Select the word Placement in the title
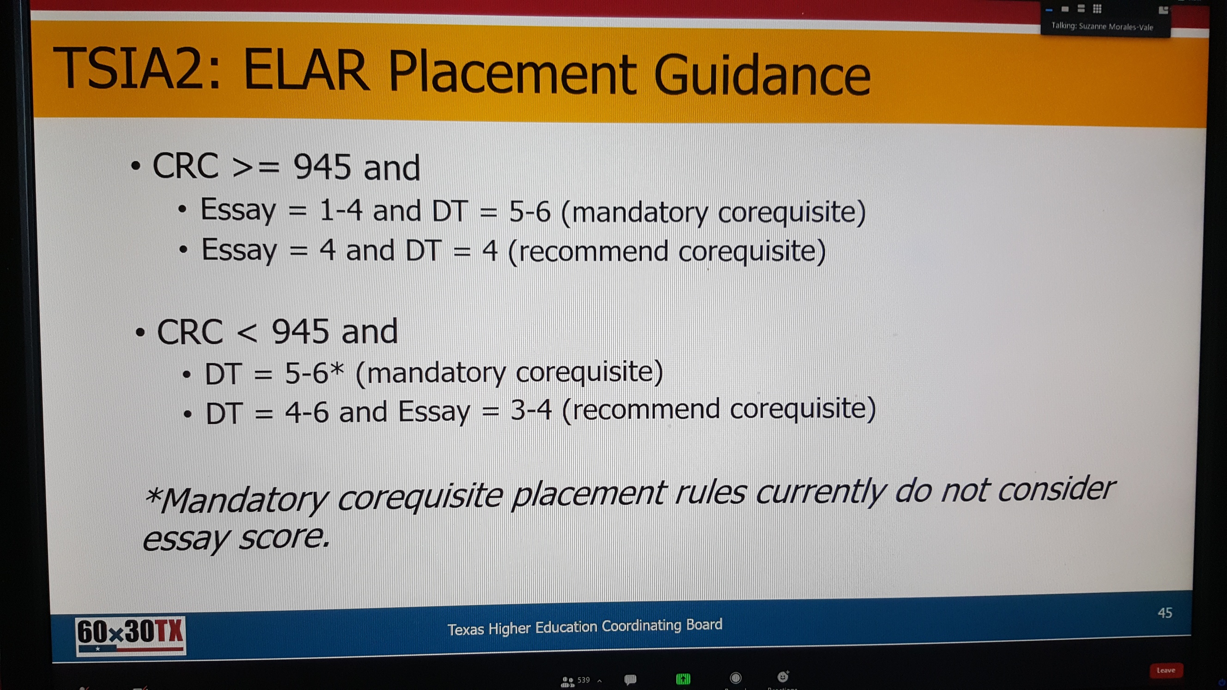pos(512,72)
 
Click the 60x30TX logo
pos(130,635)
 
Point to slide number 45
pos(1165,613)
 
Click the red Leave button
pos(1166,671)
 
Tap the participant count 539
pos(583,680)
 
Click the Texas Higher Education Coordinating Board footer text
pos(585,627)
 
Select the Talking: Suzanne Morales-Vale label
pos(1102,26)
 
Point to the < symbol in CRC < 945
pos(247,333)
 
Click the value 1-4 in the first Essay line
pos(341,210)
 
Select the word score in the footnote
pos(284,538)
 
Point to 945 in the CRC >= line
pos(322,167)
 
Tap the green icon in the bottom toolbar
pos(683,678)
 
